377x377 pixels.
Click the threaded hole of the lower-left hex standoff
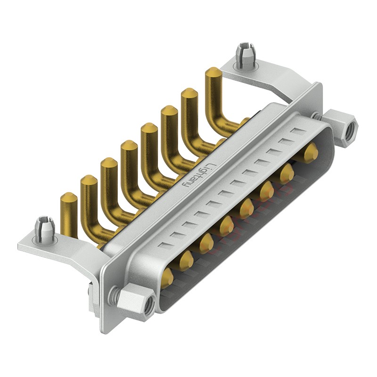click(148, 302)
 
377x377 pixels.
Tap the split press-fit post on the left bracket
click(43, 225)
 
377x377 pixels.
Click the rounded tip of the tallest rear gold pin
click(213, 73)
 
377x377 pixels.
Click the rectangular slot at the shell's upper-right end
click(295, 131)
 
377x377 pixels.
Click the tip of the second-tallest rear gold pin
click(189, 94)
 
